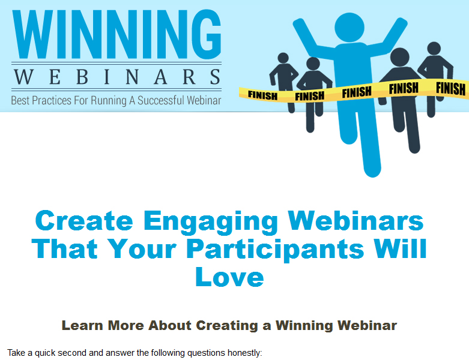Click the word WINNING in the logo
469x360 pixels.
116,34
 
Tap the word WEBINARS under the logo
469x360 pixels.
117,76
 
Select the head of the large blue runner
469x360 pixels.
349,28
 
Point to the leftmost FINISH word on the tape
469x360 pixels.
262,95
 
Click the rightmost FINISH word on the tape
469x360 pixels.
450,89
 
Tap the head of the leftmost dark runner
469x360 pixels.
283,58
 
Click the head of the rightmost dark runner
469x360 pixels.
434,49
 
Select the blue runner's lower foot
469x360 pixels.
372,170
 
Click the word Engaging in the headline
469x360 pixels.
211,222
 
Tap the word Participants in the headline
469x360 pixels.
275,250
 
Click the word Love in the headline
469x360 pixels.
229,277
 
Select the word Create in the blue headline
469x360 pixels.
84,220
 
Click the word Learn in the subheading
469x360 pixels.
82,325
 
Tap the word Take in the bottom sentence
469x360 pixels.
16,353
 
